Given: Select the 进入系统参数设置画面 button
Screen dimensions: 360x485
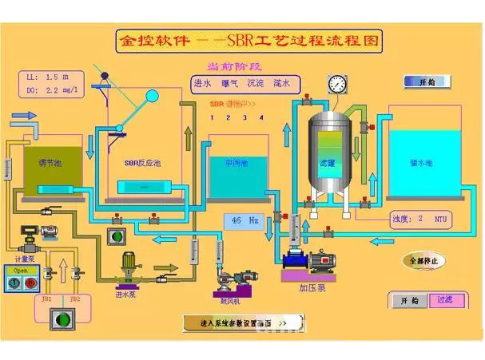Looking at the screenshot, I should [x=238, y=323].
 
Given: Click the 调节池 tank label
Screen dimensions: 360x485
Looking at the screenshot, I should [x=50, y=163].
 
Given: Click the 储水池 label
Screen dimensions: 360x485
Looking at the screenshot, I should [x=420, y=163].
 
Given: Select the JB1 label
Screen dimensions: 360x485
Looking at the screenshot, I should [x=46, y=299].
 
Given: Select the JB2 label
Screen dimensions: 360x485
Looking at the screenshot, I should [x=75, y=299].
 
